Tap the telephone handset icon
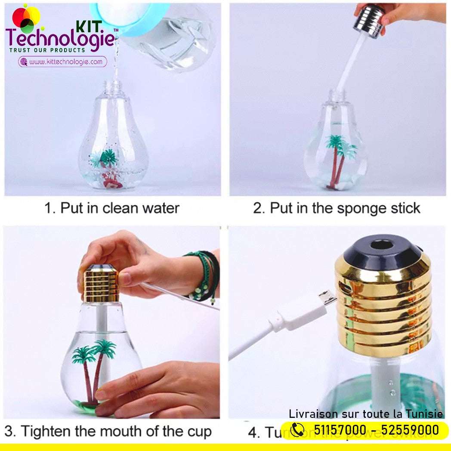(x=297, y=429)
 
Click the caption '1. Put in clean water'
(x=111, y=208)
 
